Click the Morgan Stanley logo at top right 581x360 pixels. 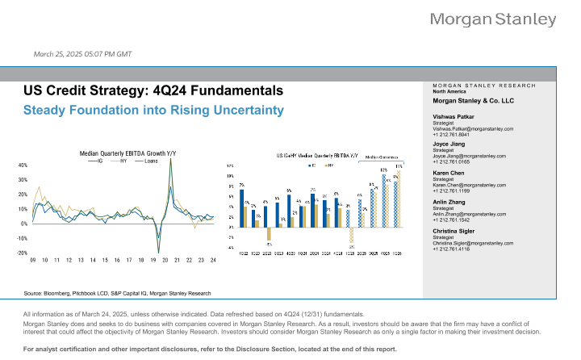click(x=504, y=19)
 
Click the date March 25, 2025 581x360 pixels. click(x=82, y=54)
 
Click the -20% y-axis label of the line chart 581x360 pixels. click(x=22, y=253)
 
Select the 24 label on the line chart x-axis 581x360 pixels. click(x=212, y=260)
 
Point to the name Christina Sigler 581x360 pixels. click(x=457, y=230)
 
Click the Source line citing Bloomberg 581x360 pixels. click(x=117, y=293)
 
